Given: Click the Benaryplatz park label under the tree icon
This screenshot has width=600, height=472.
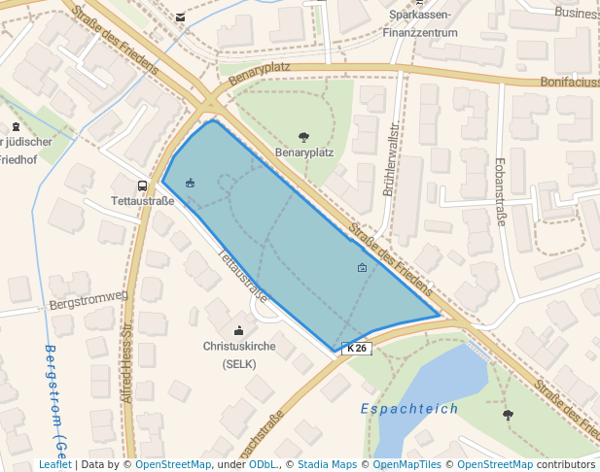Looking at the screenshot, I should (304, 153).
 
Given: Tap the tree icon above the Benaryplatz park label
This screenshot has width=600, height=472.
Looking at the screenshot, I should (304, 138).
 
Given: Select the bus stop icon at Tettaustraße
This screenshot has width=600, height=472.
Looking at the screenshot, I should (143, 185).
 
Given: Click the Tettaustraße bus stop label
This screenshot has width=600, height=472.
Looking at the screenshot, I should (143, 201).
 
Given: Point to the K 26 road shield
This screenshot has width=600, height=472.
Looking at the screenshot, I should (358, 348).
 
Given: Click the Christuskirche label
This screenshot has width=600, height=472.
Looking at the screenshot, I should (239, 346).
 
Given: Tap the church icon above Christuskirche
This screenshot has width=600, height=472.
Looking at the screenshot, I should (239, 330).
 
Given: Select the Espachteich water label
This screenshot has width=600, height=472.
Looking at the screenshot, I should (409, 409).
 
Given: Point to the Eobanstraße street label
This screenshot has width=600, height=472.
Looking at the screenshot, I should (500, 192).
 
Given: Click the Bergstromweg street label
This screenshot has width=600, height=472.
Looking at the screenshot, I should (88, 299).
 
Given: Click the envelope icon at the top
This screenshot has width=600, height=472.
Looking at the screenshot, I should (181, 17).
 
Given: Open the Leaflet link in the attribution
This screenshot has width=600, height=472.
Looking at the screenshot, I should (54, 465).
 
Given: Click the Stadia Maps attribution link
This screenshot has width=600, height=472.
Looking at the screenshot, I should (327, 465).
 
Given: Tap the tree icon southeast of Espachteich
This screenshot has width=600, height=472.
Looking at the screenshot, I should (508, 416).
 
